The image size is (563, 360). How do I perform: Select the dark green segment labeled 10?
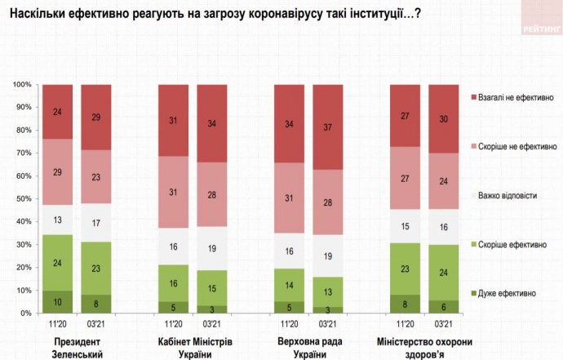tap(57, 302)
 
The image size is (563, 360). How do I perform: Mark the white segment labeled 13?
tap(57, 220)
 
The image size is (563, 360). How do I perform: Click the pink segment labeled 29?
tap(57, 171)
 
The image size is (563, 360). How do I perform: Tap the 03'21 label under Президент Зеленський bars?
tap(96, 324)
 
